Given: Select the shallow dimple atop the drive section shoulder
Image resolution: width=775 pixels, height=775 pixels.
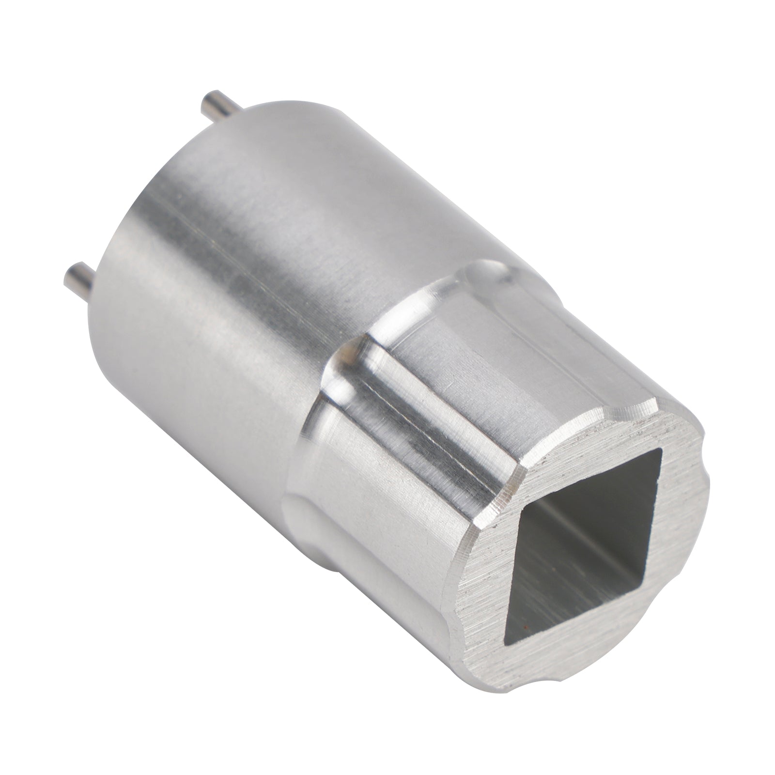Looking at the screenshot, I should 489,271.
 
